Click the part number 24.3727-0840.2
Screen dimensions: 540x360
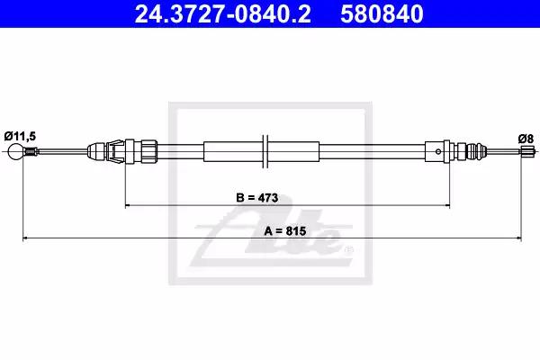(223, 13)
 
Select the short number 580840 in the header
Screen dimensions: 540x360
(382, 13)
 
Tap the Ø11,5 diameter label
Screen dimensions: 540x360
(20, 136)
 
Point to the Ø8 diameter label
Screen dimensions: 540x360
(526, 139)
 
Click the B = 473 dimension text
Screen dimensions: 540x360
(257, 198)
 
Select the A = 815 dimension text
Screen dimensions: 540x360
(284, 230)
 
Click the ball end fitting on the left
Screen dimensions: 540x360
(16, 151)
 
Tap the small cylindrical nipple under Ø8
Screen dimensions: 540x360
(525, 151)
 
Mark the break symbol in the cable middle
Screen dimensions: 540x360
(265, 151)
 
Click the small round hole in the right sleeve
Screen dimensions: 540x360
(438, 151)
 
